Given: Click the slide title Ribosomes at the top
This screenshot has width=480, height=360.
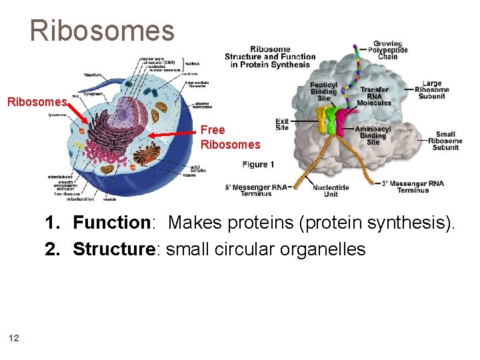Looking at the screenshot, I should click(101, 30).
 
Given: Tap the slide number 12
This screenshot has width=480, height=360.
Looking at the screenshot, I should click(14, 338).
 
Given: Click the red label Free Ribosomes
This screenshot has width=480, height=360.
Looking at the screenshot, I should click(230, 137).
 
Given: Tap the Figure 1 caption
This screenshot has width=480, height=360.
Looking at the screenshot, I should click(258, 164).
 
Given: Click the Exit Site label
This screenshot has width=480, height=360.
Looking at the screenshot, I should click(282, 124).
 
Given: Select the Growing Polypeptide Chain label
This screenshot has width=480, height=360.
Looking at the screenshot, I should click(387, 51).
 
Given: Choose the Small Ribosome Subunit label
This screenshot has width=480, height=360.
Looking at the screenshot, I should click(445, 141).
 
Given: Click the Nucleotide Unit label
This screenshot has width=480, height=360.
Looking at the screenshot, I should click(331, 190).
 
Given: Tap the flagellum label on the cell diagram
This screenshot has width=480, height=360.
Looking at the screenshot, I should click(93, 75).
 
